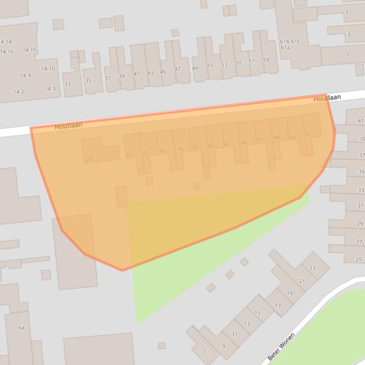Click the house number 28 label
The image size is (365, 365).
[89, 159]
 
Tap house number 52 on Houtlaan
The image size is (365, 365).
[309, 135]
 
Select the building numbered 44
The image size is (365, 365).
[244, 142]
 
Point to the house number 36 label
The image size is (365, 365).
[181, 149]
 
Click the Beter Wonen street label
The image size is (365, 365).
[281, 346]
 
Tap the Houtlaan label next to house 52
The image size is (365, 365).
[327, 98]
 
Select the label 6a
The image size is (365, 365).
[21, 328]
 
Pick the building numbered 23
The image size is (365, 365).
[312, 268]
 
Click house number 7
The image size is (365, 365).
[204, 352]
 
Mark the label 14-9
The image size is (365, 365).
[26, 75]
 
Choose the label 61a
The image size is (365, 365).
[285, 47]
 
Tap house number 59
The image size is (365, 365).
[266, 60]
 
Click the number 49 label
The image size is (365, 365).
[195, 68]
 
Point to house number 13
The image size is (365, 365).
[247, 324]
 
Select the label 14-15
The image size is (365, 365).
[29, 50]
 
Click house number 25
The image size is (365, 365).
[359, 259]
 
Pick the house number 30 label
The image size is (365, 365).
[128, 155]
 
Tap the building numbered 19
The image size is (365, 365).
[290, 293]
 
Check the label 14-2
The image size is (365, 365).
[18, 92]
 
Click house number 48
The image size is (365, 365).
[277, 138]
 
